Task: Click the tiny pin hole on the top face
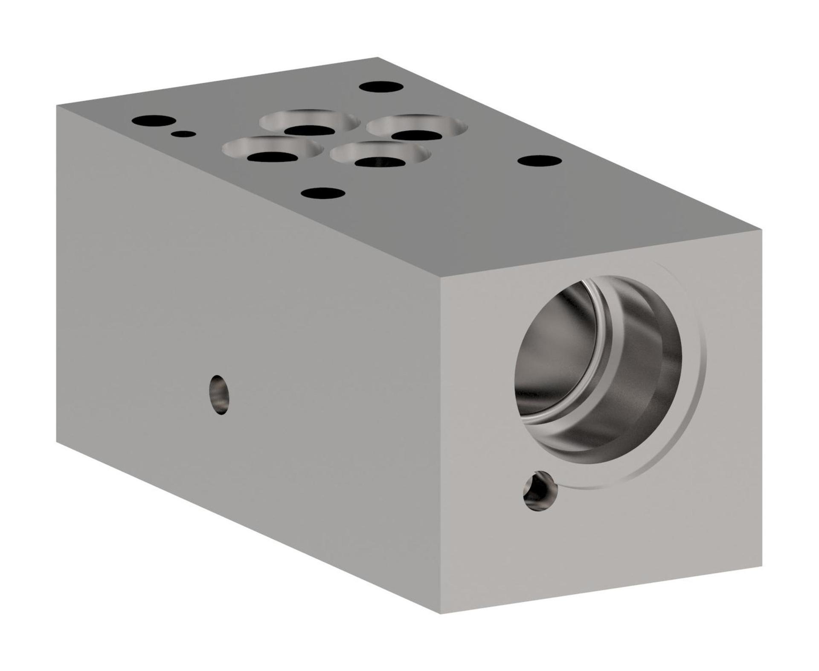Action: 183,134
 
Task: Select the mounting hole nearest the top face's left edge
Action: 154,120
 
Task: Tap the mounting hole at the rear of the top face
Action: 381,87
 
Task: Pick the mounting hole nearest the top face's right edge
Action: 540,161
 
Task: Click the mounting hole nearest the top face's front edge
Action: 323,193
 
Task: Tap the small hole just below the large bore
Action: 540,491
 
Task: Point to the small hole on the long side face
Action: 219,394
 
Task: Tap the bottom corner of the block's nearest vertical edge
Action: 440,614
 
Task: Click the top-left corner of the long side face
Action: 57,106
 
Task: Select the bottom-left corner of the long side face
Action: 57,442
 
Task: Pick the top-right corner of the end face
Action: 762,230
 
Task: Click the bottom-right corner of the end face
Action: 762,566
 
